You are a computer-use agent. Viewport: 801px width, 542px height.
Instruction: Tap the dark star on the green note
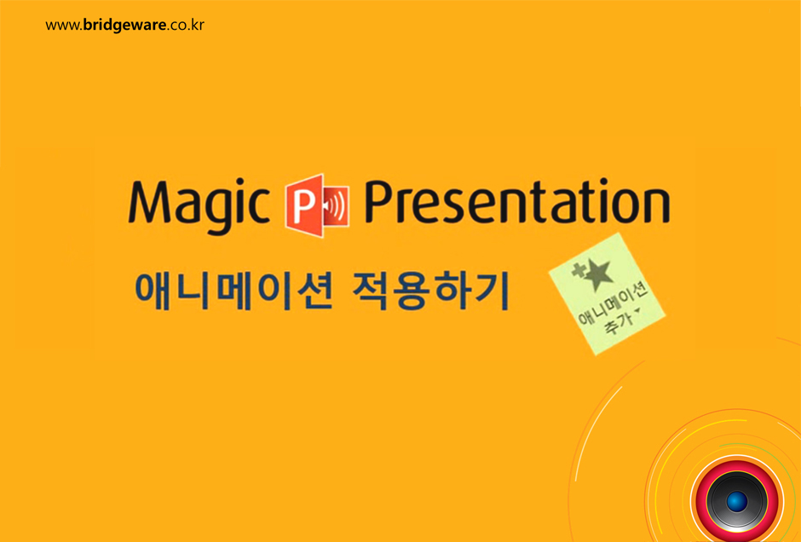click(x=597, y=274)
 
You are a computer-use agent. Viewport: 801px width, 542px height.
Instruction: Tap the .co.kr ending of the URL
click(x=186, y=25)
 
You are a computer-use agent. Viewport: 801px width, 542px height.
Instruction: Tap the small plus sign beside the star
click(x=579, y=271)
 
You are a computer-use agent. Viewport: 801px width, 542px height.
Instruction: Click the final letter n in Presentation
click(x=655, y=206)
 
